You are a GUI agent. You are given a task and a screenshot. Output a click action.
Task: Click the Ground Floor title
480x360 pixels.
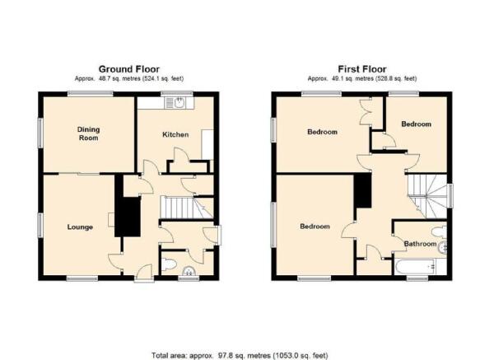[129, 69]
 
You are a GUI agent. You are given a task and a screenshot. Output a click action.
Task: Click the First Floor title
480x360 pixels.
[362, 69]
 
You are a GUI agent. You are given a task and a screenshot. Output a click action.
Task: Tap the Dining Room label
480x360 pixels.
[88, 133]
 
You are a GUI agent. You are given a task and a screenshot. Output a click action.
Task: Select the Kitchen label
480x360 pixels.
[175, 134]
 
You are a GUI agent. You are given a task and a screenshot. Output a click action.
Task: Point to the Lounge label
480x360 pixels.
[80, 227]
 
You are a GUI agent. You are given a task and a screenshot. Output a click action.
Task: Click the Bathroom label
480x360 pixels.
[420, 244]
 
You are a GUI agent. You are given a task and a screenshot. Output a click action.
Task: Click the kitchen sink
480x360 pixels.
[175, 103]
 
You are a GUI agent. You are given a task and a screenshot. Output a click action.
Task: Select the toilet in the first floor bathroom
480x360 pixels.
[440, 231]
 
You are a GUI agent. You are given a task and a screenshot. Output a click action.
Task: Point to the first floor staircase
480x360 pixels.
[427, 196]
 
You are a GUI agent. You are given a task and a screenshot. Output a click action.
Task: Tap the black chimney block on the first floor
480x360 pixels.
[363, 190]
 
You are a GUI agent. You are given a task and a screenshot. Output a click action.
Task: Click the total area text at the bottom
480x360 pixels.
[240, 355]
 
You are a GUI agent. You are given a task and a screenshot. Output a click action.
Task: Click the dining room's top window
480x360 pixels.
[91, 94]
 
